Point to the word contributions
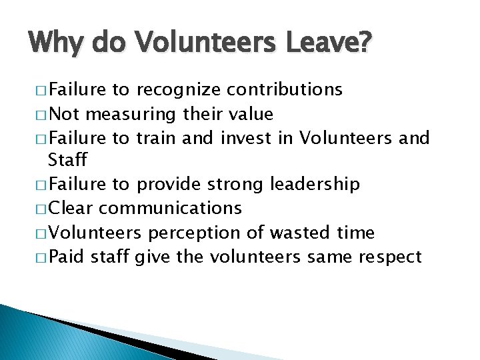tap(285, 89)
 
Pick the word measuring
tap(133, 115)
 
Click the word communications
tap(170, 208)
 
